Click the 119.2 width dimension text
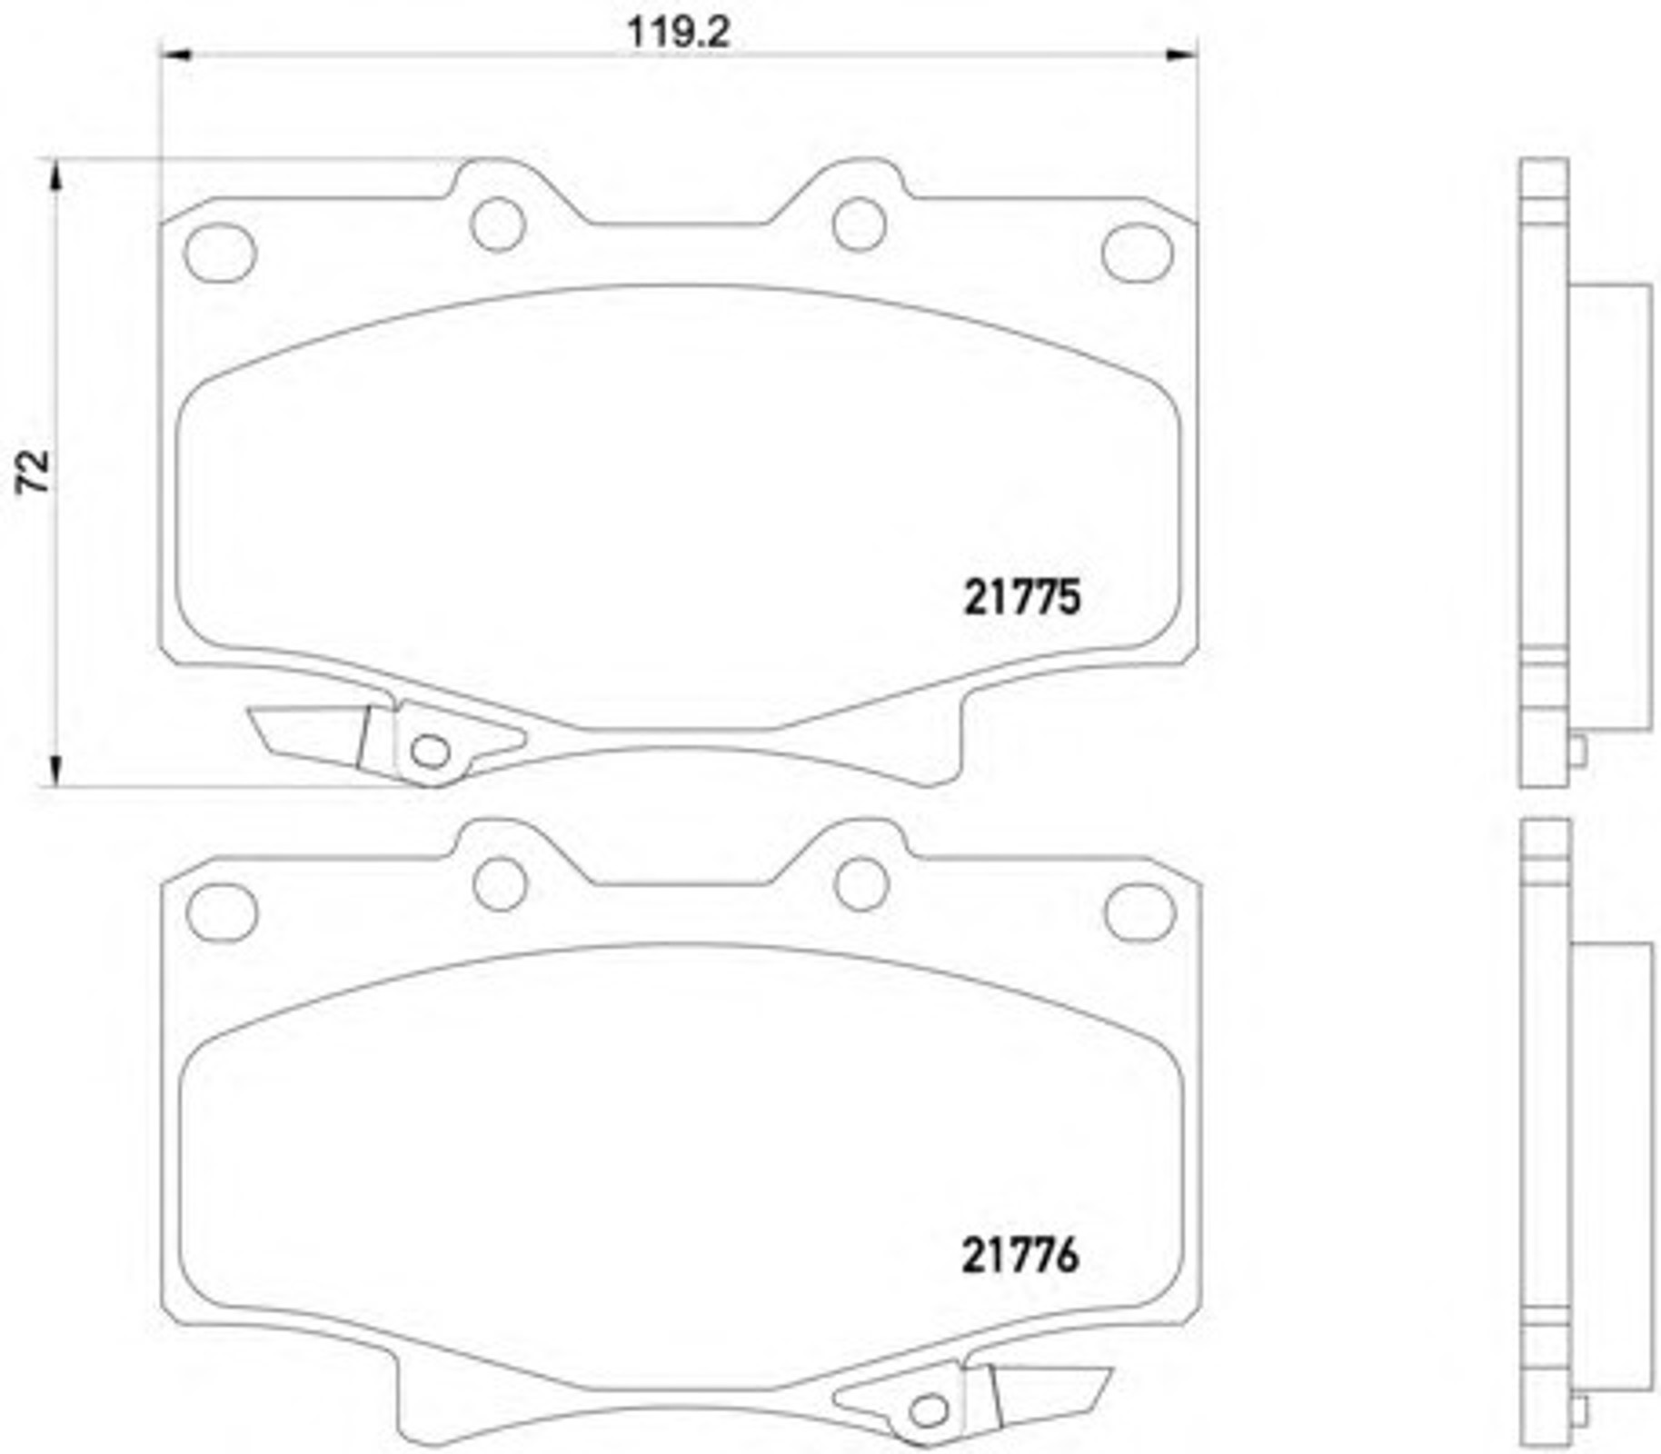[x=679, y=34]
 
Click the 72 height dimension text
[x=34, y=471]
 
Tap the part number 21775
[x=1022, y=598]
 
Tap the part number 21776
[x=1020, y=1257]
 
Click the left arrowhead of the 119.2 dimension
[x=175, y=55]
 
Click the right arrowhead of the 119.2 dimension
[x=1181, y=55]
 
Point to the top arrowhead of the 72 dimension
[x=56, y=175]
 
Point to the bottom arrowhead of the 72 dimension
[x=56, y=770]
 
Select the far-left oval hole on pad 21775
[x=220, y=253]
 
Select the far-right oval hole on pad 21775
[x=1138, y=252]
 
